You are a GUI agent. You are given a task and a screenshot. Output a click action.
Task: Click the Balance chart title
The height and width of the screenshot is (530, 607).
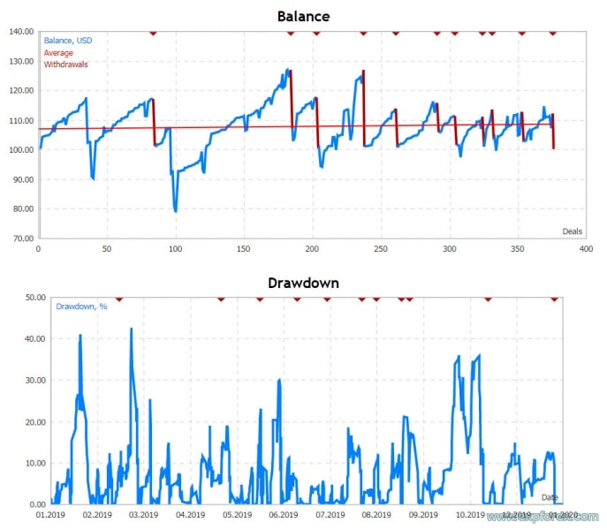pyautogui.click(x=303, y=16)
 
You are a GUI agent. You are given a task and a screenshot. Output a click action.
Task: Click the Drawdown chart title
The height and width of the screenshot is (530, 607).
pyautogui.click(x=303, y=284)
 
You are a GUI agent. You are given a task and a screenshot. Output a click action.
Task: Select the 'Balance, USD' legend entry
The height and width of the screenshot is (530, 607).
pyautogui.click(x=68, y=41)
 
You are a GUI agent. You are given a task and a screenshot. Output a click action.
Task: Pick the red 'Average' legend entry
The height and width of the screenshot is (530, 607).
pyautogui.click(x=58, y=52)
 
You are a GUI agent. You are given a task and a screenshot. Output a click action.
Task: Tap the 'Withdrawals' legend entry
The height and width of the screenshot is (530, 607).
pyautogui.click(x=65, y=64)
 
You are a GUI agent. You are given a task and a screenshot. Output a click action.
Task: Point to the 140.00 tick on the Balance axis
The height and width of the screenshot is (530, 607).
pyautogui.click(x=21, y=32)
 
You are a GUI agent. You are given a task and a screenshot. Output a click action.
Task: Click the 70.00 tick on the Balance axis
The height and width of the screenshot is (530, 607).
pyautogui.click(x=21, y=238)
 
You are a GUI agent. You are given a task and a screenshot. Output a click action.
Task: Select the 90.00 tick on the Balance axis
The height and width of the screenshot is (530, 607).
pyautogui.click(x=21, y=179)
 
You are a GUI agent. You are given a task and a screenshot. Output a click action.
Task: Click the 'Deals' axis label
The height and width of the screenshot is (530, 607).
pyautogui.click(x=573, y=231)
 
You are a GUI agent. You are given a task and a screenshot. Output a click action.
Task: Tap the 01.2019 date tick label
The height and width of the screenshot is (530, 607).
pyautogui.click(x=50, y=514)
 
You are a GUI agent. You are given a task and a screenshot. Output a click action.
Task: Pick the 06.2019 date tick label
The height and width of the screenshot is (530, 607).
pyautogui.click(x=283, y=514)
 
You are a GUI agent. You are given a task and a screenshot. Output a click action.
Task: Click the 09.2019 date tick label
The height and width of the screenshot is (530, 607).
pyautogui.click(x=422, y=514)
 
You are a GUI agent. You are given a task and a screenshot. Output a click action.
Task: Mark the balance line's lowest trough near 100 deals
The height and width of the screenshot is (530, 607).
pyautogui.click(x=175, y=211)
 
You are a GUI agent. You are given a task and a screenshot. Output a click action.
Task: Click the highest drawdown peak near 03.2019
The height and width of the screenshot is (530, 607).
pyautogui.click(x=131, y=329)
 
